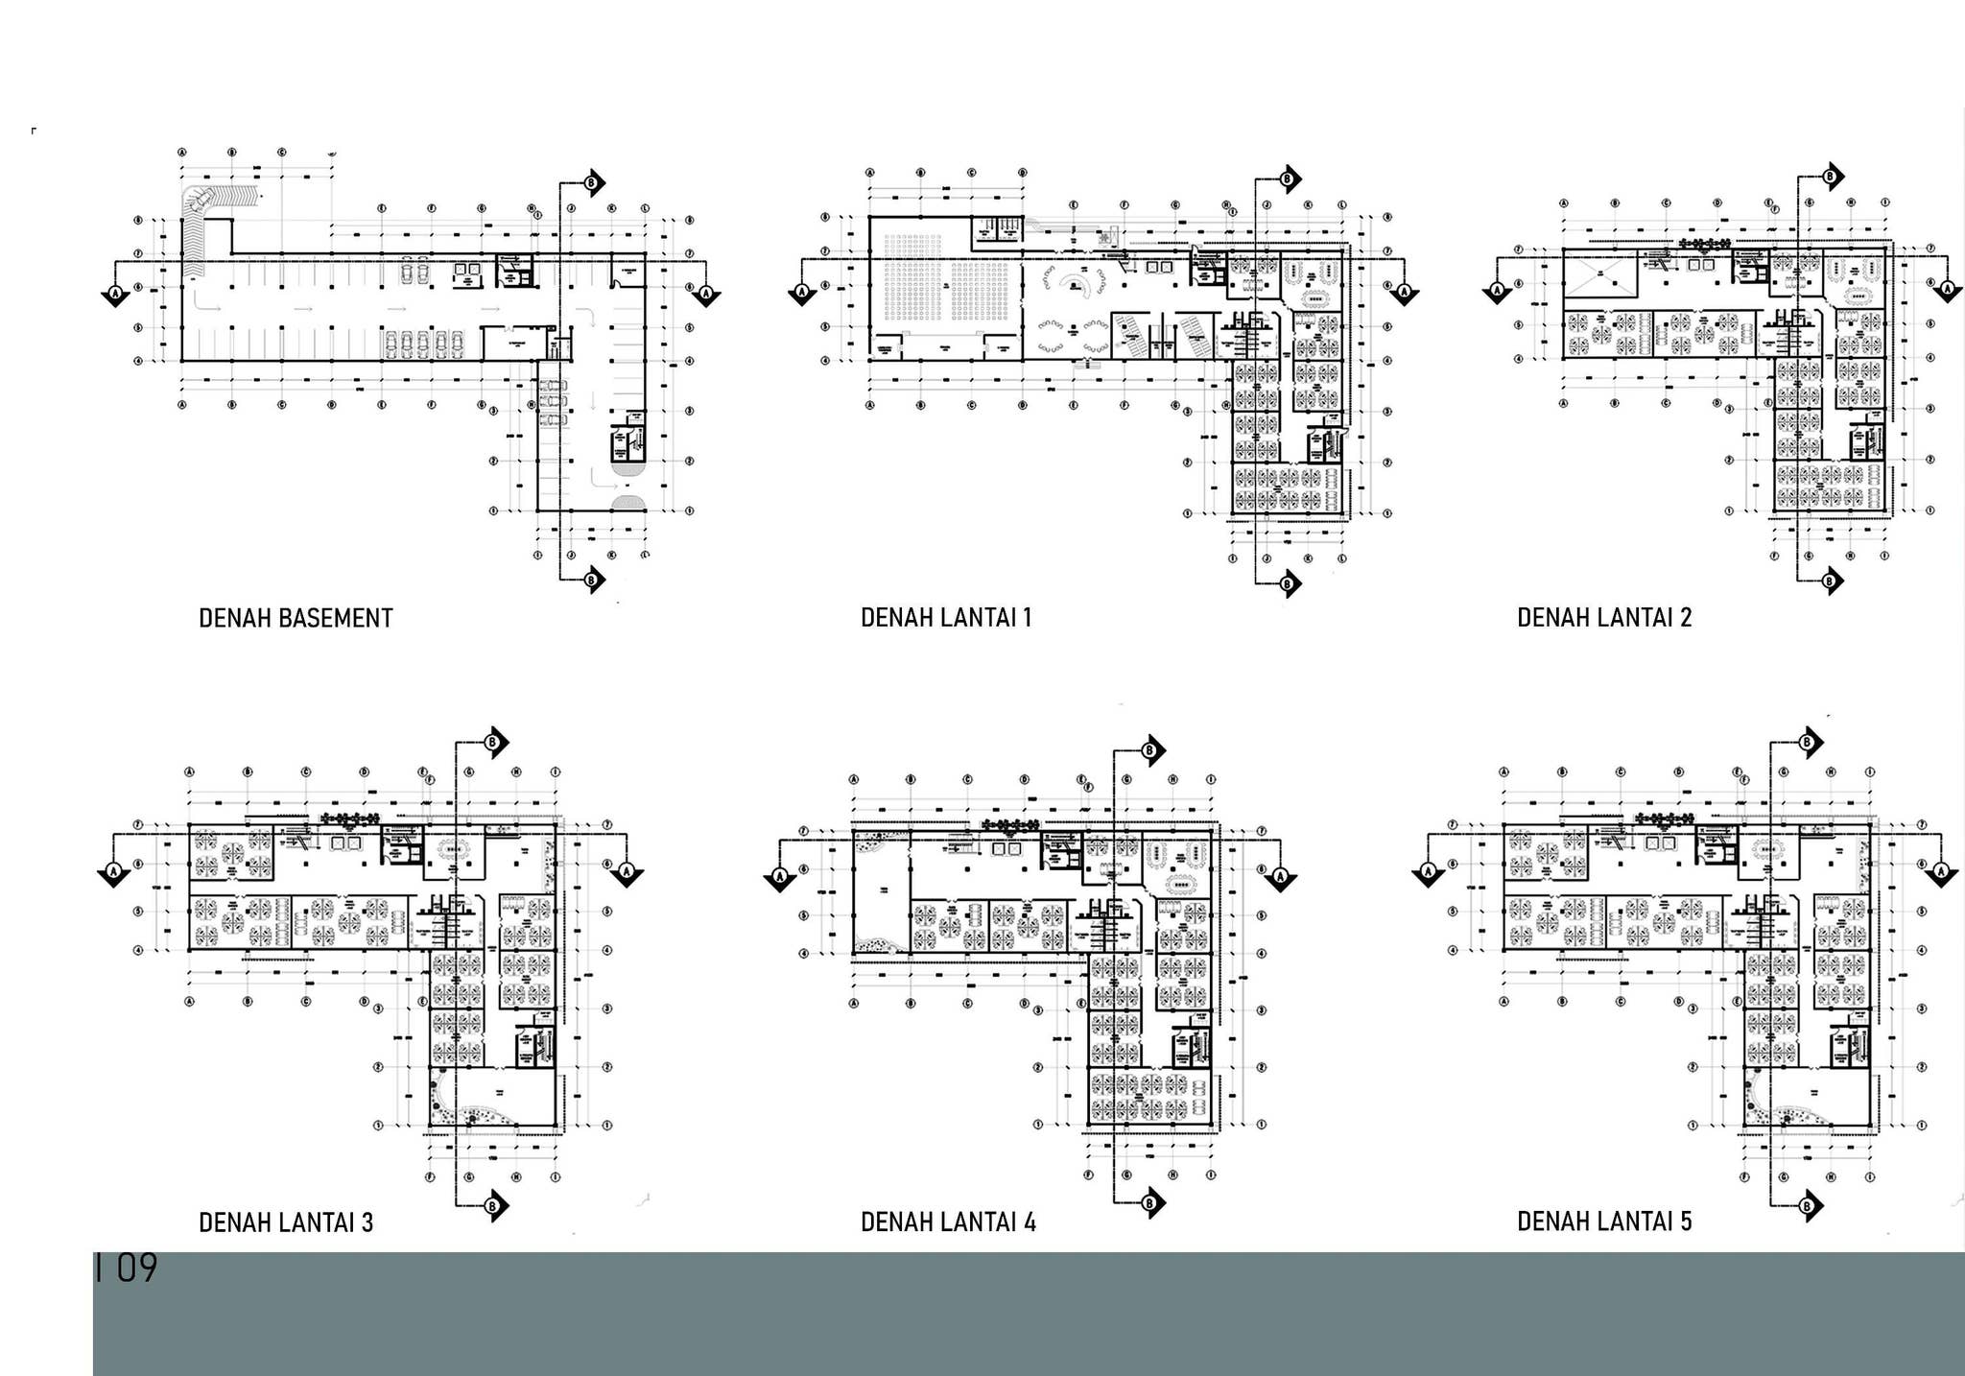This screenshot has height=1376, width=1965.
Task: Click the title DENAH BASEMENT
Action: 296,619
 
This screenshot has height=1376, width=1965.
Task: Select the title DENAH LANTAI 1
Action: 946,618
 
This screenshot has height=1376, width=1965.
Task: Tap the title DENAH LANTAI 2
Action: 1604,618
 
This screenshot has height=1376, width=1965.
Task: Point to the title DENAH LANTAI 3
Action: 286,1222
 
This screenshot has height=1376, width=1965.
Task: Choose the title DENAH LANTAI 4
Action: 948,1222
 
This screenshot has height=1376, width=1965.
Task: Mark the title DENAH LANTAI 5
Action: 1604,1222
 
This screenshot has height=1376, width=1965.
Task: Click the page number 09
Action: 135,1269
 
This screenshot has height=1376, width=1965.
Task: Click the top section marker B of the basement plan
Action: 592,182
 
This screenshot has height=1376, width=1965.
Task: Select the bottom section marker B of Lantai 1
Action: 1289,582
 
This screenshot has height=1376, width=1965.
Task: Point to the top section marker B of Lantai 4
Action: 1150,749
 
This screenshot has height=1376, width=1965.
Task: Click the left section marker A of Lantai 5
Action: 1428,872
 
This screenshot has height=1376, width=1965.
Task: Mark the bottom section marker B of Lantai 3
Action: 494,1206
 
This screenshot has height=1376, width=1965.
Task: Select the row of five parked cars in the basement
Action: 423,344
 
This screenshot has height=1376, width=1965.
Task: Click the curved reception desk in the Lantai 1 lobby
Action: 1074,282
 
